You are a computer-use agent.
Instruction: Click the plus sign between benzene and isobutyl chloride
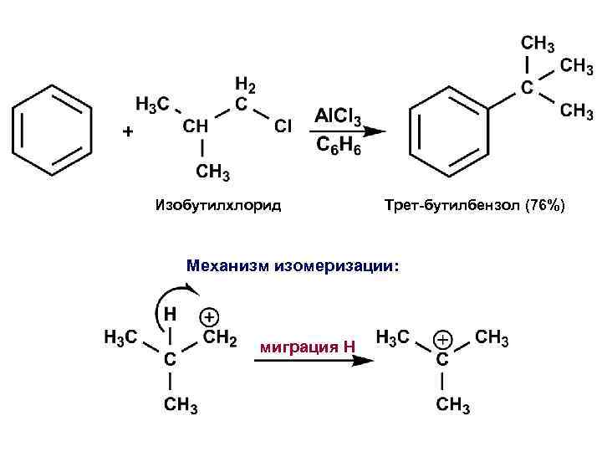pyautogui.click(x=127, y=132)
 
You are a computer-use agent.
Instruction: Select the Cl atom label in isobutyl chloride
pyautogui.click(x=283, y=126)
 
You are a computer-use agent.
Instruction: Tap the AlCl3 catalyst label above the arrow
pyautogui.click(x=339, y=115)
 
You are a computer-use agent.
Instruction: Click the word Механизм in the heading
pyautogui.click(x=227, y=266)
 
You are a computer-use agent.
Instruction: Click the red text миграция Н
pyautogui.click(x=309, y=347)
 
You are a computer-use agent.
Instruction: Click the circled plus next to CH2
pyautogui.click(x=209, y=317)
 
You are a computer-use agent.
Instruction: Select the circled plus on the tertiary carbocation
pyautogui.click(x=442, y=339)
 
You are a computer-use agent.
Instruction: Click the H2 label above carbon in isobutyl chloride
pyautogui.click(x=245, y=85)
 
